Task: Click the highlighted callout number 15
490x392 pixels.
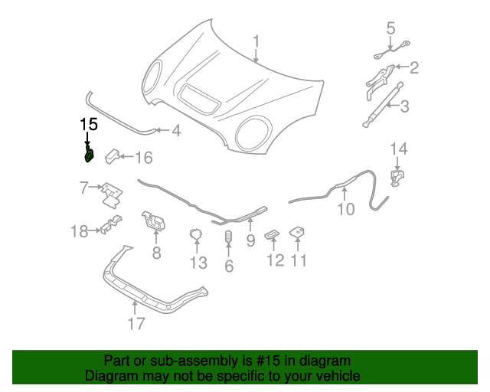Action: pos(89,124)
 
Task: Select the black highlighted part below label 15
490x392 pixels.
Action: pos(89,156)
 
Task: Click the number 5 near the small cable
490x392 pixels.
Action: pos(390,28)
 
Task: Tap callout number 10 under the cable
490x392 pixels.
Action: pos(346,208)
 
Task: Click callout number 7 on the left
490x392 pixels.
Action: pos(85,186)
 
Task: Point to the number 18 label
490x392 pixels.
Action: pos(80,230)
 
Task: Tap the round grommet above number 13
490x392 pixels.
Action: pos(196,234)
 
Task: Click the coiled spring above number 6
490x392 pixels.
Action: pos(227,240)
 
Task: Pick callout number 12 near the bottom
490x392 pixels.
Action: pos(275,260)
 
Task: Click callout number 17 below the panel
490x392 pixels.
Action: pos(136,324)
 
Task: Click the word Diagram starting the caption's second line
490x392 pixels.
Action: pos(110,376)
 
